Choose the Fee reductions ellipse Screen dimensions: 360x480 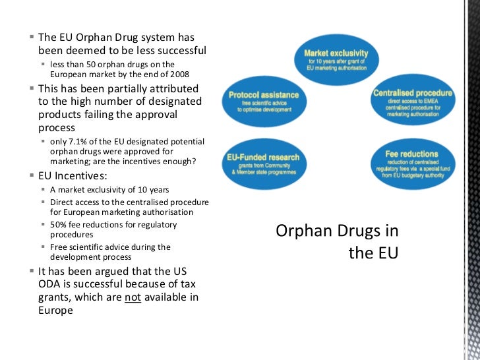pos(412,165)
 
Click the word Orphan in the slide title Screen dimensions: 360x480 pos(301,231)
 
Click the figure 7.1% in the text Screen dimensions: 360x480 pos(80,142)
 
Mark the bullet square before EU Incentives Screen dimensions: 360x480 pos(32,177)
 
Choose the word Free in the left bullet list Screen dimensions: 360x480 pos(59,247)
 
